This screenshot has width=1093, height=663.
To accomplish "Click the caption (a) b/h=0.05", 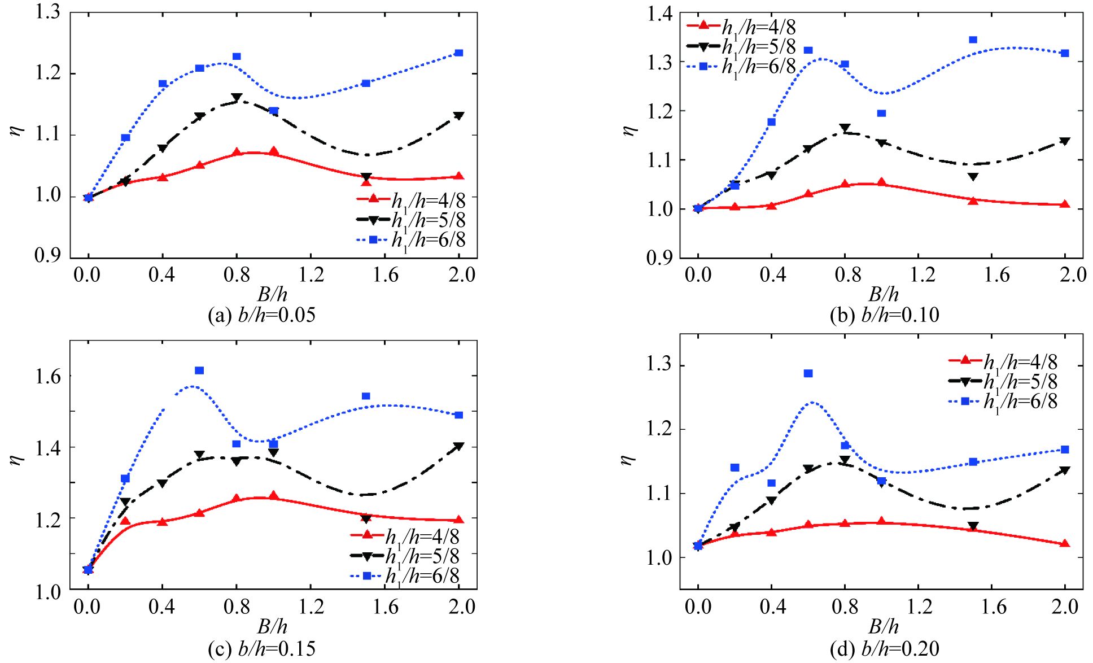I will pyautogui.click(x=261, y=315).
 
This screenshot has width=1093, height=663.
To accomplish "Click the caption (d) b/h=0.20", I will pyautogui.click(x=884, y=649).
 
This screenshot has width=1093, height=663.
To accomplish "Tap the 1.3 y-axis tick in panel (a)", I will pyautogui.click(x=48, y=12).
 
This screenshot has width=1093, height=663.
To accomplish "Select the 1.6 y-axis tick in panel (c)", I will pyautogui.click(x=48, y=376).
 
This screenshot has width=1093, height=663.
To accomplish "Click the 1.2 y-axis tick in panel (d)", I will pyautogui.click(x=660, y=430).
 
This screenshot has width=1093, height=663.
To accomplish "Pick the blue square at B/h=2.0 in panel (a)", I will pyautogui.click(x=459, y=53).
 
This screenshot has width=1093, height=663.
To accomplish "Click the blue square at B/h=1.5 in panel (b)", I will pyautogui.click(x=973, y=40).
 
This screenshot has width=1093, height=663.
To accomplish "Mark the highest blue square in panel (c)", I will pyautogui.click(x=199, y=370).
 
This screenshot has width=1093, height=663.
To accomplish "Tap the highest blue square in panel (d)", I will pyautogui.click(x=808, y=373).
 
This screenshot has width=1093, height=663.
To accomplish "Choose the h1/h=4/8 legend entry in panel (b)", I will pyautogui.click(x=741, y=26).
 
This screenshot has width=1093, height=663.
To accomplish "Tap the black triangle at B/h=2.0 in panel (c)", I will pyautogui.click(x=459, y=447).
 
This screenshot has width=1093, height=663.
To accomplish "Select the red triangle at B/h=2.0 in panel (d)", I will pyautogui.click(x=1065, y=544).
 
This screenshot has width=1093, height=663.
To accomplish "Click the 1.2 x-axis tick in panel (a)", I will pyautogui.click(x=311, y=275).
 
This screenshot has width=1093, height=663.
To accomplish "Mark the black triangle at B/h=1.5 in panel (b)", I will pyautogui.click(x=973, y=177).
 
